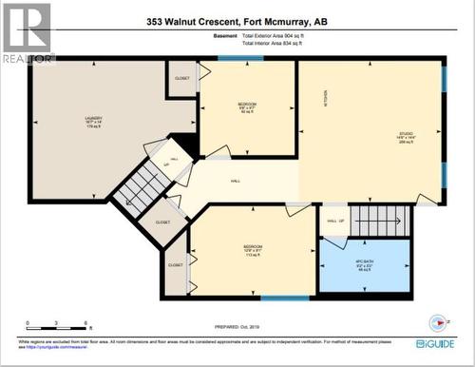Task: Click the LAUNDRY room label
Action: (x=92, y=120)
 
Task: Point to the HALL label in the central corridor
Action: (x=236, y=181)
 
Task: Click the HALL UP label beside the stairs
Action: (x=335, y=222)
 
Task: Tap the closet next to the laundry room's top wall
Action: (x=180, y=78)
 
